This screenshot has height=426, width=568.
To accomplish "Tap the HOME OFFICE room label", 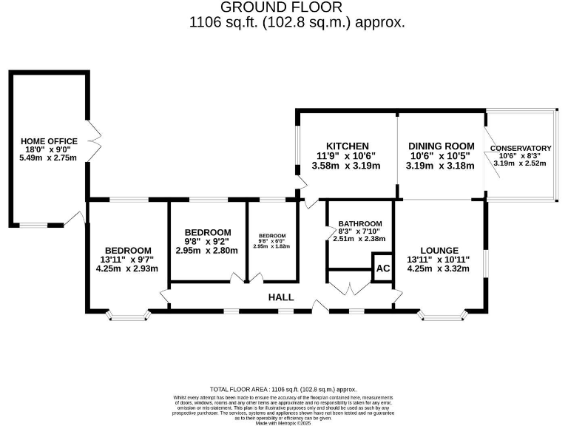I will pos(48,141).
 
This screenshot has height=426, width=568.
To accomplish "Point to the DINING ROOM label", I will pos(440,146).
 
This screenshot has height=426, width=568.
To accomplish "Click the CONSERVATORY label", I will pos(520,149).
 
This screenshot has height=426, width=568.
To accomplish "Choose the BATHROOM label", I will pos(359,224).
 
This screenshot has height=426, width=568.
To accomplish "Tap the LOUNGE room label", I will pos(439,251).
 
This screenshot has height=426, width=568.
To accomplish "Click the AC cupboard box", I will pos(382,268).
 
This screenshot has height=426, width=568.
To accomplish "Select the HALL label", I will pos(281,297).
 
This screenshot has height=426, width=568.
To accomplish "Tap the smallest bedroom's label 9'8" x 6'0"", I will pos(271,240).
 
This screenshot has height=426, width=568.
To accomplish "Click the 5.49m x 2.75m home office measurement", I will pos(48,158).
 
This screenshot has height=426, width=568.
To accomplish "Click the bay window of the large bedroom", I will pos(127,316).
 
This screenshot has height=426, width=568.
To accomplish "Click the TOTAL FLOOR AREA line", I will pos(283,389).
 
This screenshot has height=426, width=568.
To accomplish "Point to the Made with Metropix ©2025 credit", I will pos(283,423).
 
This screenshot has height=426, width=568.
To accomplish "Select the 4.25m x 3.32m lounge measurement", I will pos(439,269).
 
